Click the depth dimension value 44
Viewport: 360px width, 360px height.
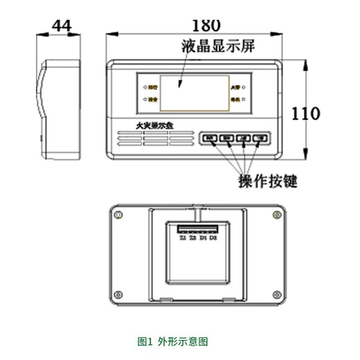[x=60, y=25]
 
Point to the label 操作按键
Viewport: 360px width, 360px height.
[x=267, y=182]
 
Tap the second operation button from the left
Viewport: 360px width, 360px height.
[x=226, y=138]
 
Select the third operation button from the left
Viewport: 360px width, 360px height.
[x=243, y=138]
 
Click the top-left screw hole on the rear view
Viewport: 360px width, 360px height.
[x=120, y=215]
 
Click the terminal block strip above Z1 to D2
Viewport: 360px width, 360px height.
[x=198, y=228]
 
